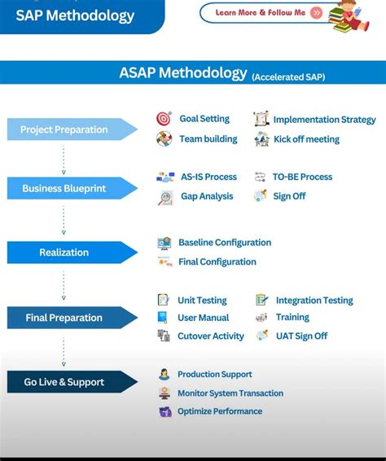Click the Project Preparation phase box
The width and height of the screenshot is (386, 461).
pyautogui.click(x=69, y=130)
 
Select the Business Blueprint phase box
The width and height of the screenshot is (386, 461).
pyautogui.click(x=69, y=189)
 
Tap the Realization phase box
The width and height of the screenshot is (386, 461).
pyautogui.click(x=69, y=252)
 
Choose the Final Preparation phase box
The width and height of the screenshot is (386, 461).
pyautogui.click(x=69, y=318)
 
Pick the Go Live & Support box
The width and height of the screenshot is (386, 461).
pyautogui.click(x=69, y=382)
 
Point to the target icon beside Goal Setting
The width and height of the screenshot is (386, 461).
pyautogui.click(x=164, y=119)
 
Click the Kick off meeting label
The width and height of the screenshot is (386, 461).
pyautogui.click(x=306, y=139)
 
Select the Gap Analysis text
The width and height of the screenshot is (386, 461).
pyautogui.click(x=207, y=196)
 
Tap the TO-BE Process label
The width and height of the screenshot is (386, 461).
pyautogui.click(x=302, y=177)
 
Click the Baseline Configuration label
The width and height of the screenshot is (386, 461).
pyautogui.click(x=225, y=243)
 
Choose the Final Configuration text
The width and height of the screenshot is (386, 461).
pyautogui.click(x=217, y=262)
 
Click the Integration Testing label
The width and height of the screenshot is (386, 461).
pyautogui.click(x=314, y=301)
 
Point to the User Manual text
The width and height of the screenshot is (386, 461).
pyautogui.click(x=203, y=318)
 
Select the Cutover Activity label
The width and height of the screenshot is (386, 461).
pyautogui.click(x=211, y=336)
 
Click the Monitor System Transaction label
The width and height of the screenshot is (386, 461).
pyautogui.click(x=230, y=393)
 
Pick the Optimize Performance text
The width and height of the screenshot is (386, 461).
pyautogui.click(x=220, y=411)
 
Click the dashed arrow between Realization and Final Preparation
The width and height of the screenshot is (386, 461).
pyautogui.click(x=64, y=285)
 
